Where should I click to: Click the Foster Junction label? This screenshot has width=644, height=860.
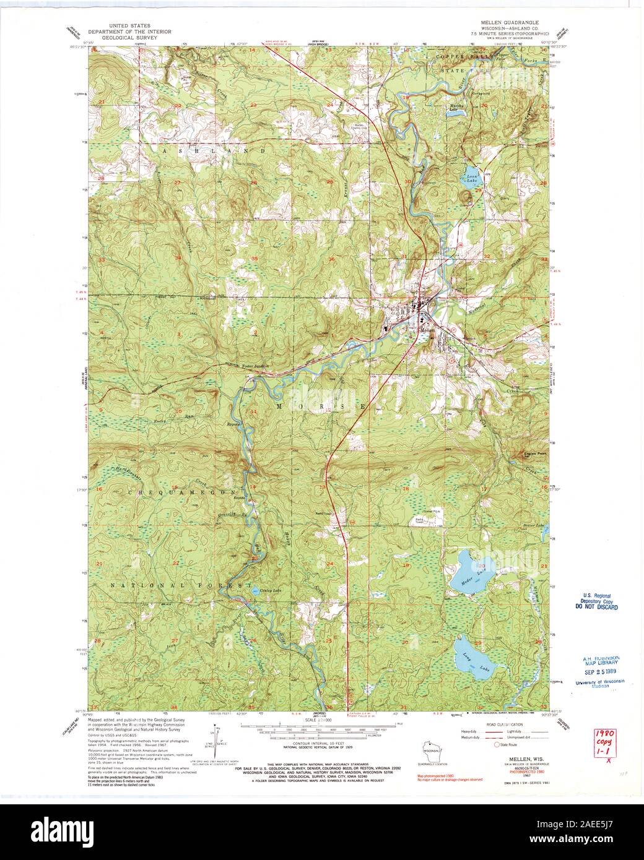256,366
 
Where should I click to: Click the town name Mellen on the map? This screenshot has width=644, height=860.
429,330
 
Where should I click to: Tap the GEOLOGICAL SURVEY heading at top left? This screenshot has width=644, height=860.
123,38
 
